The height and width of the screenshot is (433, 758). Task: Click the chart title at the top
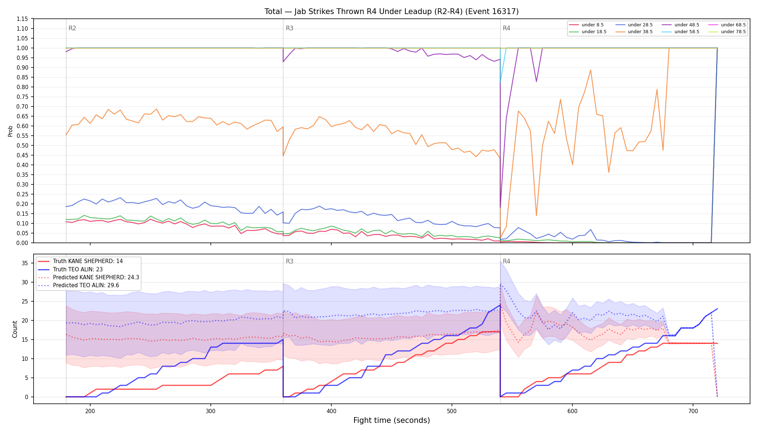[x=392, y=12]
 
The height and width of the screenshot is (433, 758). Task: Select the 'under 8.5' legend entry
[x=586, y=25]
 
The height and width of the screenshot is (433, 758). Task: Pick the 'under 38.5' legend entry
[x=634, y=32]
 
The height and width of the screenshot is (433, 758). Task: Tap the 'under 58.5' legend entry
[x=680, y=32]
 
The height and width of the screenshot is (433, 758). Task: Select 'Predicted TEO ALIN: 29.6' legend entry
[x=78, y=285]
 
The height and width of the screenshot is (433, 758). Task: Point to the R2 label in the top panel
[x=72, y=28]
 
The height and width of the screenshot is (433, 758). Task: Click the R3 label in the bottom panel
[x=289, y=261]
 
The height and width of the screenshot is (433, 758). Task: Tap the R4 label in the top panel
[x=506, y=28]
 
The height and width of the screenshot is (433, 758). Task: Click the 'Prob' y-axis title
[x=10, y=131]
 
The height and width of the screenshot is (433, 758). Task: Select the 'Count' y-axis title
[x=15, y=329]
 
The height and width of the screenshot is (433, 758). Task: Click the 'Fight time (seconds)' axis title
[x=392, y=420]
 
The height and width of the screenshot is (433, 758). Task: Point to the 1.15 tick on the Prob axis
[x=22, y=19]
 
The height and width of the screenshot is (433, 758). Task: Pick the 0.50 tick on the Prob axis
[x=22, y=145]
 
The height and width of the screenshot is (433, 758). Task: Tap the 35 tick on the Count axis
[x=25, y=263]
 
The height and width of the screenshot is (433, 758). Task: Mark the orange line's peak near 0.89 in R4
[x=591, y=70]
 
